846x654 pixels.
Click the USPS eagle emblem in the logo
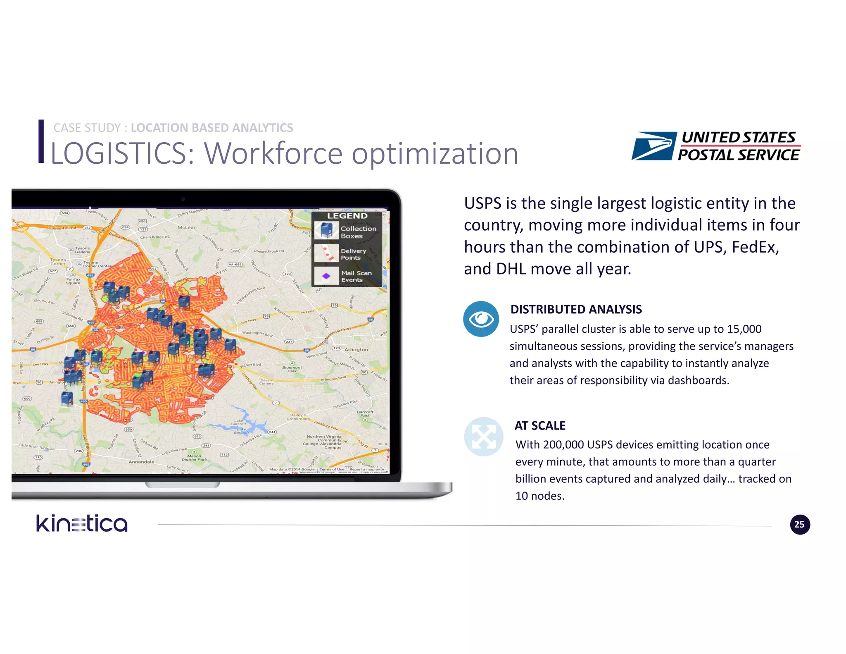tap(654, 146)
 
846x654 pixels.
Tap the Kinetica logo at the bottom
tap(82, 523)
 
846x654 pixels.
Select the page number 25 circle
tap(800, 525)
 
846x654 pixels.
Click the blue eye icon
tap(481, 319)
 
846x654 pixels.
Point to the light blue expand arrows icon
tap(483, 437)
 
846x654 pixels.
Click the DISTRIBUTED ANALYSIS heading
tap(576, 309)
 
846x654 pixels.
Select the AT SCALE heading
tap(540, 425)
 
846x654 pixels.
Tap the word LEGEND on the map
tap(347, 216)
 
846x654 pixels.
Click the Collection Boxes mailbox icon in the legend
tap(326, 230)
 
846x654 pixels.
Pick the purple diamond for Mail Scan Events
tap(326, 276)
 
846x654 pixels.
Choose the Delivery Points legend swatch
tap(326, 253)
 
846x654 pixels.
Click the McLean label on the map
tap(187, 227)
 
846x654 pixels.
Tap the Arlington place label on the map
tap(356, 349)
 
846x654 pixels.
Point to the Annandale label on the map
tap(141, 462)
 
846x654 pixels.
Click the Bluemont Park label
tap(292, 369)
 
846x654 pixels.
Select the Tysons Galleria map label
tap(83, 250)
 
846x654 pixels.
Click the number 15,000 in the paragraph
tap(744, 329)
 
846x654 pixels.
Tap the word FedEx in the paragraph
tap(755, 247)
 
